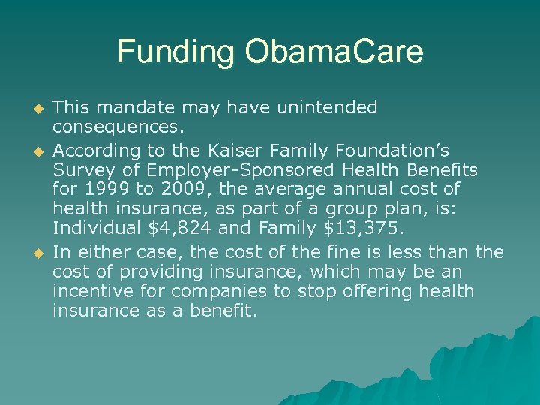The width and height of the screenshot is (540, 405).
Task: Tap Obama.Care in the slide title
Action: click(x=332, y=52)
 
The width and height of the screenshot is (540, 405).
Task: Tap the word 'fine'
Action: click(x=368, y=250)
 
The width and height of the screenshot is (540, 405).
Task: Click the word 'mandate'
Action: click(x=143, y=107)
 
